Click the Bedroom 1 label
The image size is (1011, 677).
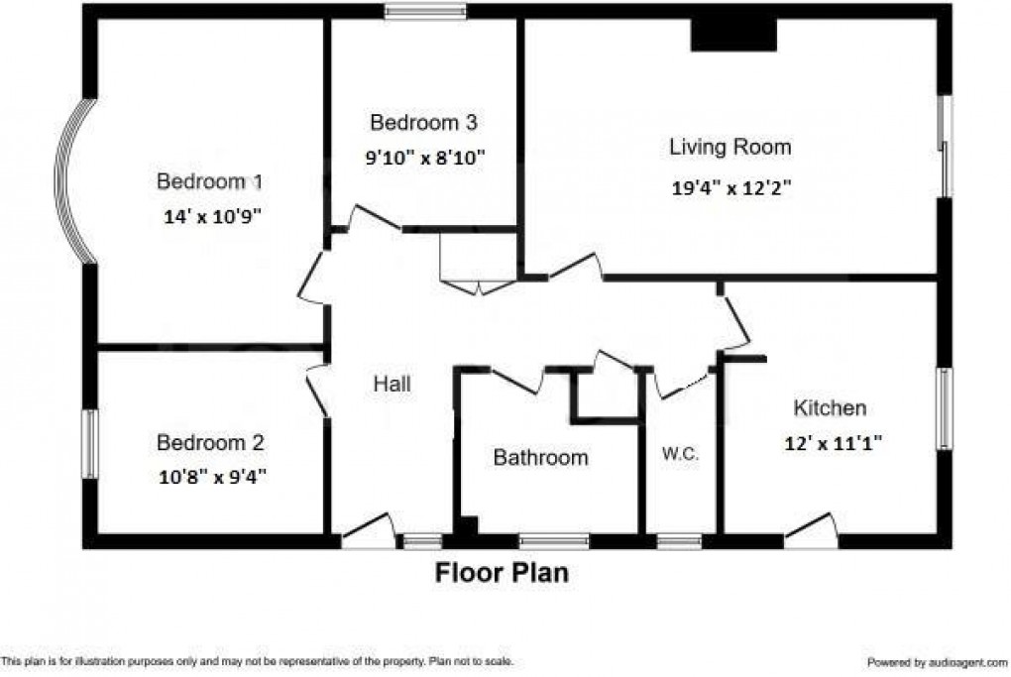coord(209,182)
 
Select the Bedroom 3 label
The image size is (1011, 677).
coord(423,124)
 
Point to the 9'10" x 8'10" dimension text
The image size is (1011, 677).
coord(423,157)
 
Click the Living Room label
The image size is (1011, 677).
coord(730,148)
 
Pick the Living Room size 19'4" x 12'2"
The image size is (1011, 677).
coord(731,188)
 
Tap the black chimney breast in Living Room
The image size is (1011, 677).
coord(733,35)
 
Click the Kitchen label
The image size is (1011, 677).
coord(830,407)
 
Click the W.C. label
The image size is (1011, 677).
coord(681,455)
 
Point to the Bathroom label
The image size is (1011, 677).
coord(540,458)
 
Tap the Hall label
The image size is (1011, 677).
coord(392,385)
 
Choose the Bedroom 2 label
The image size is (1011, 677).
coord(209,442)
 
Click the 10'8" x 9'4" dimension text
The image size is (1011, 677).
coord(212,477)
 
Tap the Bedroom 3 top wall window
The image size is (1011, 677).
coord(425,11)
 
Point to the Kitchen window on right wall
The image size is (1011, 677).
coord(945,408)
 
